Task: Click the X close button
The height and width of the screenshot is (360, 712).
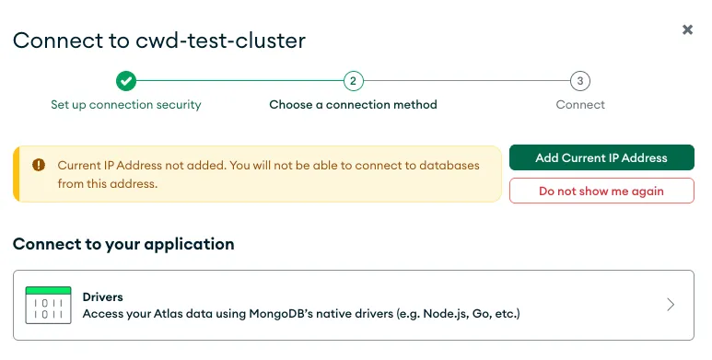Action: (687, 29)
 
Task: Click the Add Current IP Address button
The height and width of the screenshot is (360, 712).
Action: (601, 157)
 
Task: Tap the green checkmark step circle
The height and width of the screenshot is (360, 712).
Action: (126, 81)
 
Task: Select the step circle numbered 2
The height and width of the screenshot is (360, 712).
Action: (353, 81)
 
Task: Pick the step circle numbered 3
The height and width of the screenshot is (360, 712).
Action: (579, 81)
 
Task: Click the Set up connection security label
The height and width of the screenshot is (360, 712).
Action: (126, 105)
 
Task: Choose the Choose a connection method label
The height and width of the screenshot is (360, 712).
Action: (353, 105)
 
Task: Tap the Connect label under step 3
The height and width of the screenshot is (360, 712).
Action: (580, 105)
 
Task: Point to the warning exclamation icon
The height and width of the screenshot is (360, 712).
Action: (39, 165)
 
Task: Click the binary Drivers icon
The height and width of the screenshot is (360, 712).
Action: (48, 305)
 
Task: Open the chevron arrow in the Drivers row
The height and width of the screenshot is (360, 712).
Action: (671, 305)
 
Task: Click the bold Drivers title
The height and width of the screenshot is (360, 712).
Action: (103, 297)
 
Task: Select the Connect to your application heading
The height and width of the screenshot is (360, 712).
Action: (123, 244)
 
